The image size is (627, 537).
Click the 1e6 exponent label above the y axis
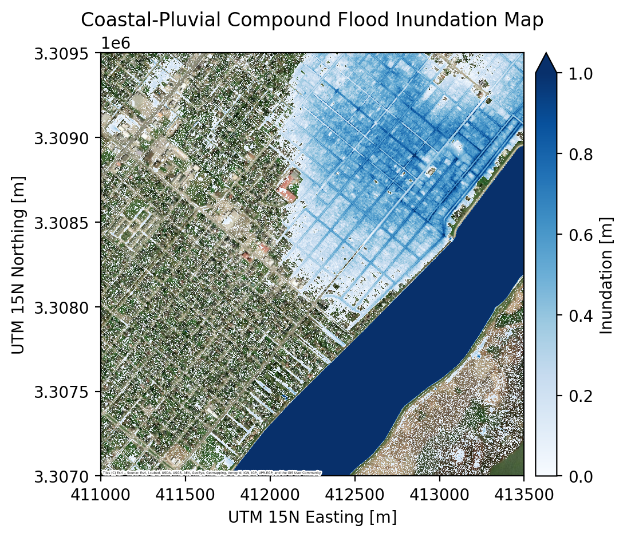click(115, 43)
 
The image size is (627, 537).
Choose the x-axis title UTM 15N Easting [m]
click(312, 518)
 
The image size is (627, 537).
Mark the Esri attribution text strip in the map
click(211, 473)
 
